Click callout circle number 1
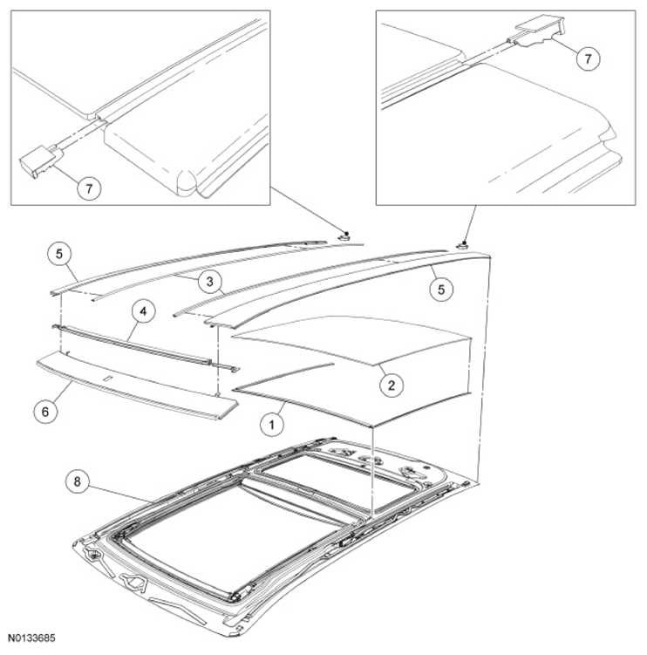tap(272, 425)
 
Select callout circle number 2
tap(392, 385)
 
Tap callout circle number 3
tap(209, 281)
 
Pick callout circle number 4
tap(143, 311)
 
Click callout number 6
tap(45, 412)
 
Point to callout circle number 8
tap(78, 481)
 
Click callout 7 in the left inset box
tap(89, 188)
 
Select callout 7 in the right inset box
tap(588, 58)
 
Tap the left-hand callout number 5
tap(59, 254)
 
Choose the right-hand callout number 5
tap(441, 289)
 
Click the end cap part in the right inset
tap(541, 31)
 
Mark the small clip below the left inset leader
tap(344, 237)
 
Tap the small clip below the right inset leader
tap(462, 246)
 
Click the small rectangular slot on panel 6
tap(107, 379)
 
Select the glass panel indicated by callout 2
tap(351, 339)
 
